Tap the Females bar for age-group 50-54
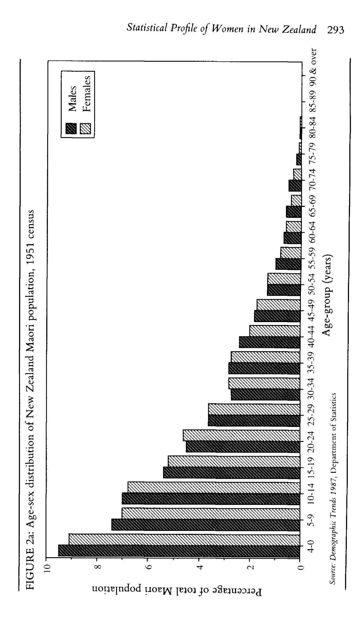[x=284, y=278]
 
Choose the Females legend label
[x=312, y=94]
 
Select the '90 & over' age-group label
[x=312, y=67]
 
